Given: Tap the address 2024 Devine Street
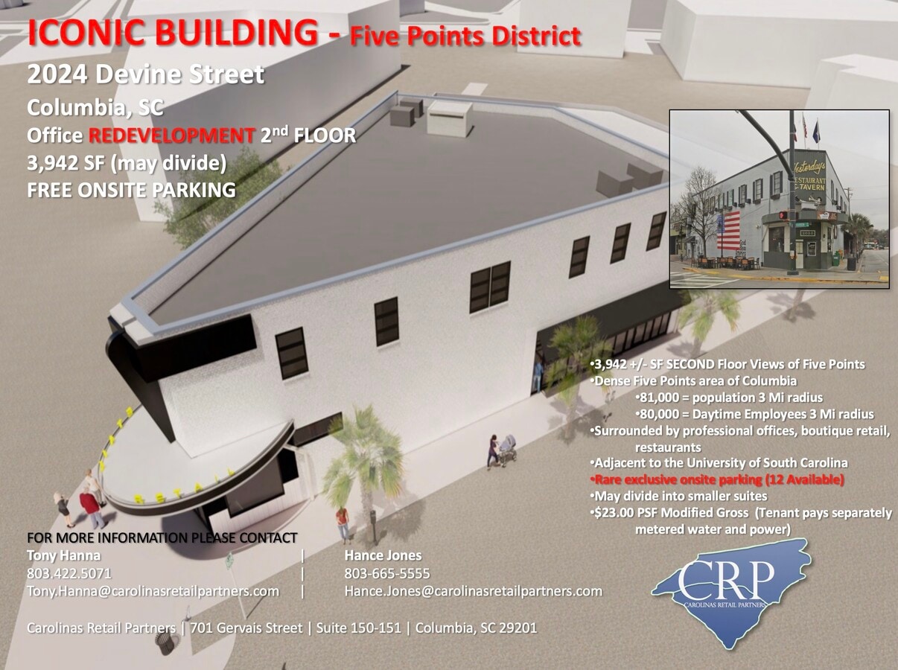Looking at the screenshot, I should click(x=145, y=74).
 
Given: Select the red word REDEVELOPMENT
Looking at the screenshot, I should click(x=171, y=135).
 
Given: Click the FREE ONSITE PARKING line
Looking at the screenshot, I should click(x=131, y=190).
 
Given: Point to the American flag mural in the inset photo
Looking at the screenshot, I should click(x=728, y=231).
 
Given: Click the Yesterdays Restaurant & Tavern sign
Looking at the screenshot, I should click(x=809, y=175).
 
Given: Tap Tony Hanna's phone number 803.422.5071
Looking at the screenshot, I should click(x=69, y=573).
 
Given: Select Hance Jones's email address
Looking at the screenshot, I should click(x=473, y=591).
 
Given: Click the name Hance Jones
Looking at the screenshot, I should click(x=383, y=555).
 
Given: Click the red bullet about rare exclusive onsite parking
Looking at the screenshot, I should click(x=719, y=480).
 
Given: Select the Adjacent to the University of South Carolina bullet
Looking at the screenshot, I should click(x=720, y=463).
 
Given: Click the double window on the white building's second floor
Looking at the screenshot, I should click(x=490, y=286).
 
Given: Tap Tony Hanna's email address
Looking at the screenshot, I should click(x=153, y=591).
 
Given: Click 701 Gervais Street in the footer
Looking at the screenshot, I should click(x=246, y=628).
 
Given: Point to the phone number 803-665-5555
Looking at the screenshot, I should click(x=386, y=573).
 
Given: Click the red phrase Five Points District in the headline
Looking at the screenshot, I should click(x=465, y=36).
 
